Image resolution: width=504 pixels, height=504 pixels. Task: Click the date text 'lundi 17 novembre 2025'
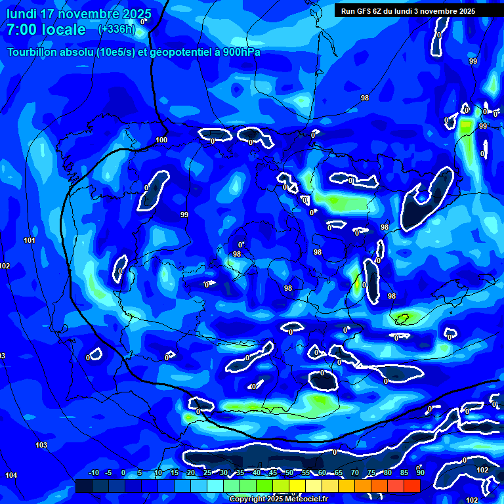click(79, 14)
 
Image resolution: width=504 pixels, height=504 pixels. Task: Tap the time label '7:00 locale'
click(46, 30)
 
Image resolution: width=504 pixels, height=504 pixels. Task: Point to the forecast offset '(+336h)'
click(117, 29)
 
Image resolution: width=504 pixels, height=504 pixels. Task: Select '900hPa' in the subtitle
click(239, 52)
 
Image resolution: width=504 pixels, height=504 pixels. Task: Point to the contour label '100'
click(161, 140)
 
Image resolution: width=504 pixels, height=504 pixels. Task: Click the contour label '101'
click(30, 241)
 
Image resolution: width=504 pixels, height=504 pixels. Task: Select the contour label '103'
click(41, 445)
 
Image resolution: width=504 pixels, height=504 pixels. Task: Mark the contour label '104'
click(11, 475)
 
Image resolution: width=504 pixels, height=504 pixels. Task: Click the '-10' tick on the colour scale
click(93, 473)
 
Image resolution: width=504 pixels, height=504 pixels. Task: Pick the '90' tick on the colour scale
click(420, 473)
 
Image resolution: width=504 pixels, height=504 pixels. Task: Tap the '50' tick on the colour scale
click(289, 473)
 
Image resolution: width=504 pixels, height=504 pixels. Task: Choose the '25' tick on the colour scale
click(207, 473)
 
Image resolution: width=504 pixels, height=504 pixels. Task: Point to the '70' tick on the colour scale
click(354, 473)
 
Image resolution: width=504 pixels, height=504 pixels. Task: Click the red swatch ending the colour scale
click(412, 486)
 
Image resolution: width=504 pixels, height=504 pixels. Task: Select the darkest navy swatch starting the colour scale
click(83, 486)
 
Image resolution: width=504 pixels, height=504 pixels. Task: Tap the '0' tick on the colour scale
click(125, 473)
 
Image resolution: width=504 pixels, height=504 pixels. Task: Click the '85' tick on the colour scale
click(404, 473)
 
